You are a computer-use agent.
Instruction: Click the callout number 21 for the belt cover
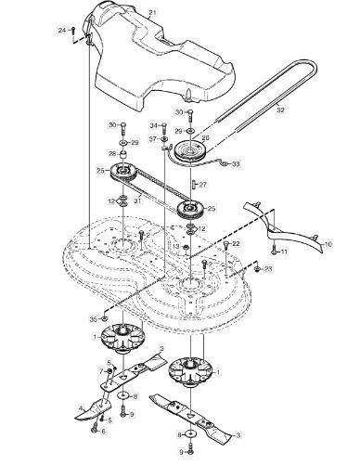point(152,13)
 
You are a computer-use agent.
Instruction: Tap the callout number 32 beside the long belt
point(280,110)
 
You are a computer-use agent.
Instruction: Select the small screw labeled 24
point(73,32)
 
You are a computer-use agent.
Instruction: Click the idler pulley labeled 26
point(190,150)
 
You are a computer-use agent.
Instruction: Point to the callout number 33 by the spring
point(236,163)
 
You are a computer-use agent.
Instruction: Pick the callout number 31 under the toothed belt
point(137,200)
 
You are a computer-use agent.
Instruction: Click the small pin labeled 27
point(191,184)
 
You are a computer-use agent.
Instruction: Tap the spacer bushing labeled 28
point(123,154)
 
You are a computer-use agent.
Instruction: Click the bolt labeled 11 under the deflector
point(274,251)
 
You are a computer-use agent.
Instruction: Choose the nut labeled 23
point(257,270)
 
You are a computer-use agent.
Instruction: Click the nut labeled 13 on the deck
point(186,247)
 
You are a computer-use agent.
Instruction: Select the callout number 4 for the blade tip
point(81,407)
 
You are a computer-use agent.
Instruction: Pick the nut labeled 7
point(109,371)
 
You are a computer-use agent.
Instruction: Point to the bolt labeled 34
point(164,127)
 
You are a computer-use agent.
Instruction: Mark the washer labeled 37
point(164,138)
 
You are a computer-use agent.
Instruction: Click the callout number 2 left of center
point(148,235)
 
